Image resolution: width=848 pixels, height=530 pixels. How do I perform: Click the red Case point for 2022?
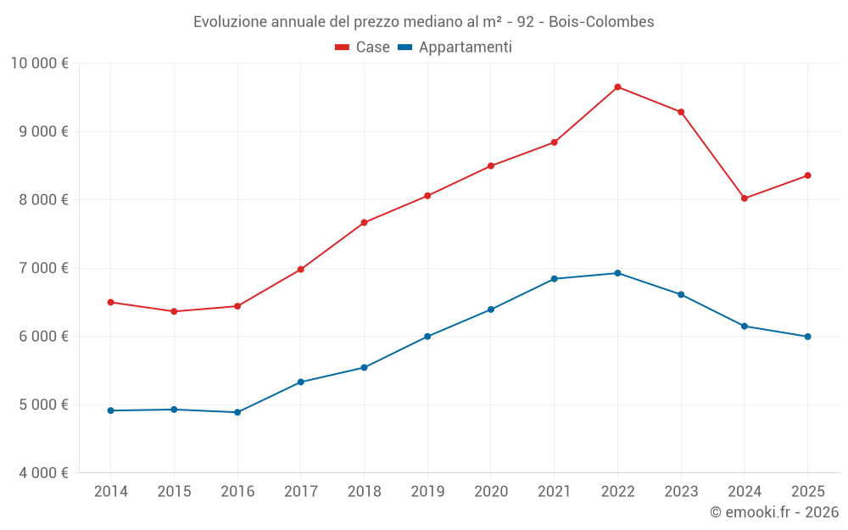(617, 86)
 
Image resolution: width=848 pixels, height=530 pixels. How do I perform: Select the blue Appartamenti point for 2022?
(617, 273)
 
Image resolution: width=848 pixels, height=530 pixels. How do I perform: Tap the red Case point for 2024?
(745, 198)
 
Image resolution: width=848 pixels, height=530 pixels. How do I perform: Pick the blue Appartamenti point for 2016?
(237, 412)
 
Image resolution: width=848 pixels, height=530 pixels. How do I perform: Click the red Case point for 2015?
(174, 311)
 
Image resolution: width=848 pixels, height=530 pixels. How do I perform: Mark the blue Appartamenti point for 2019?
(427, 337)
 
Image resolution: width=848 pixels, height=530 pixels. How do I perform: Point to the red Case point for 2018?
(364, 223)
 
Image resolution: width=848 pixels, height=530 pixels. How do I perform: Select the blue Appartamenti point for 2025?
(807, 337)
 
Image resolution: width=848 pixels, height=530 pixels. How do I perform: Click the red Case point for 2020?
(491, 165)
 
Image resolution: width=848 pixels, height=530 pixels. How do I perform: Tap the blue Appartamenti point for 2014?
(110, 410)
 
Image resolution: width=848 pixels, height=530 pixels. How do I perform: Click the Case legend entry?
(362, 47)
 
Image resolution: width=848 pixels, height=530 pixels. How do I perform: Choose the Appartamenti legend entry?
(455, 47)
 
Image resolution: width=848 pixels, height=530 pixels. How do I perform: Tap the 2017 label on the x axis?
(300, 492)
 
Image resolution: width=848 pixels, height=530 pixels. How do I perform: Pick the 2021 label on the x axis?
(554, 492)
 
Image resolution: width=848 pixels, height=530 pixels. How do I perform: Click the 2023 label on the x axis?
(681, 492)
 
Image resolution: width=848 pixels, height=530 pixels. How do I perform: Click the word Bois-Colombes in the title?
(601, 21)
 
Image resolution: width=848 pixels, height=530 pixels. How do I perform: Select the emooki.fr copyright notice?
(773, 512)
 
